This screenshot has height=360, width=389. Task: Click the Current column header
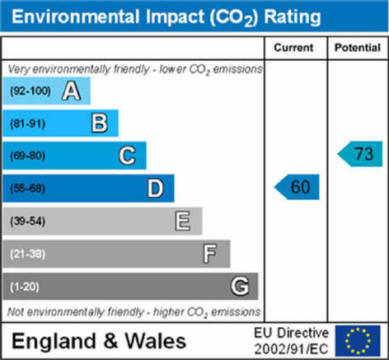(293, 48)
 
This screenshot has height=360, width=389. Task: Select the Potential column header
(358, 48)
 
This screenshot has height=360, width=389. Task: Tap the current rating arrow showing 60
(297, 187)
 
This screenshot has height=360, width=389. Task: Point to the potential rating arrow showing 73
(360, 154)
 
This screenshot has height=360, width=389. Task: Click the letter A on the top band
(72, 91)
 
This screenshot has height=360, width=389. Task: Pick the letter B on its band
(100, 124)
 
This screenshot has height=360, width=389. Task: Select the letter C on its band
(128, 156)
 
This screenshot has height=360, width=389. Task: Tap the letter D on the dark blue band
(156, 189)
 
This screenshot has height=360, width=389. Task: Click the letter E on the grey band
(183, 221)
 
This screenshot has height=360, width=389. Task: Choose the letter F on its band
(210, 254)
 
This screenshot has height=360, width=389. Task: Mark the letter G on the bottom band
(240, 287)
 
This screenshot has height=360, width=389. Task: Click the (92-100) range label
(30, 91)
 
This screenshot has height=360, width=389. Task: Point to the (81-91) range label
(28, 124)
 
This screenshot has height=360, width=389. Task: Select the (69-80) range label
(28, 156)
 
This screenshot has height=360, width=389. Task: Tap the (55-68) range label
(28, 189)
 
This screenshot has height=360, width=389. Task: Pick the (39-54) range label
(28, 222)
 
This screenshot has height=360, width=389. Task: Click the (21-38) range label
(28, 254)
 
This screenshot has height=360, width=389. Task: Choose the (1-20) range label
(25, 287)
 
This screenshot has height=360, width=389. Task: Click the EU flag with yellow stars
(358, 341)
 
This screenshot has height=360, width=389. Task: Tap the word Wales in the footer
(156, 341)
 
